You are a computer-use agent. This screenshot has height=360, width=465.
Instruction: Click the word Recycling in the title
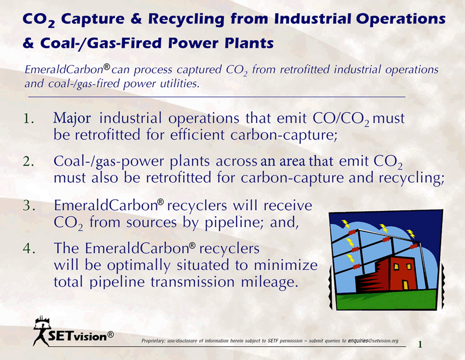186,19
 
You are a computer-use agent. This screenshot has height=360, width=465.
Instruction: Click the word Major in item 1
72,119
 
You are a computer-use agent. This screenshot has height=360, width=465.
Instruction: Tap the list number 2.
28,162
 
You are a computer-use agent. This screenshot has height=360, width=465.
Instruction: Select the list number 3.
29,205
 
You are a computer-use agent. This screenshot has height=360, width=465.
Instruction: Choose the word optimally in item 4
139,266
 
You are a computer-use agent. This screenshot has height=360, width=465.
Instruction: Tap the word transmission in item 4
193,282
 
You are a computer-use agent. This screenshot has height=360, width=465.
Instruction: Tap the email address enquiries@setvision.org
373,341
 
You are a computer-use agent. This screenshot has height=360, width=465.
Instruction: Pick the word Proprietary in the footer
154,341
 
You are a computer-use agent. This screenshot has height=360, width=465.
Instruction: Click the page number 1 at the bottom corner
420,344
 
